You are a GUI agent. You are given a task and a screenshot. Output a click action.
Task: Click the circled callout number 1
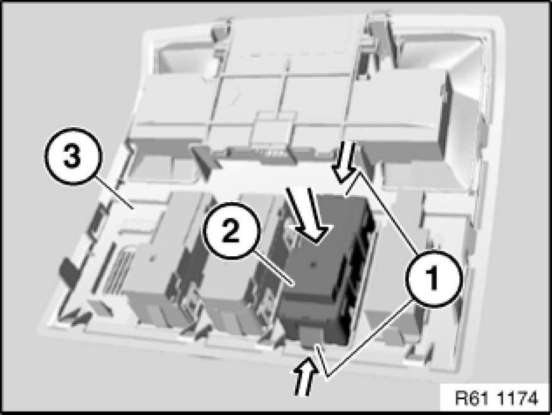[433, 278]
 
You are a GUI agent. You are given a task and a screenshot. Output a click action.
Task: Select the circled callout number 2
[231, 230]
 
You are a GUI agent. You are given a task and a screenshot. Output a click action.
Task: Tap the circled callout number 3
[73, 156]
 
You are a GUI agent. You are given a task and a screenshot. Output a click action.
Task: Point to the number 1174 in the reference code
[518, 399]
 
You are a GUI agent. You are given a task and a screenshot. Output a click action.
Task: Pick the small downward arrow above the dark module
[345, 162]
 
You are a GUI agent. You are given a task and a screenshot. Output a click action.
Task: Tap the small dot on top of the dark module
[313, 264]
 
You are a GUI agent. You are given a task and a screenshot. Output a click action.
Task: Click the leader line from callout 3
[114, 193]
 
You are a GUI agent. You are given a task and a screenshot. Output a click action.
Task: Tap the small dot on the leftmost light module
[152, 259]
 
